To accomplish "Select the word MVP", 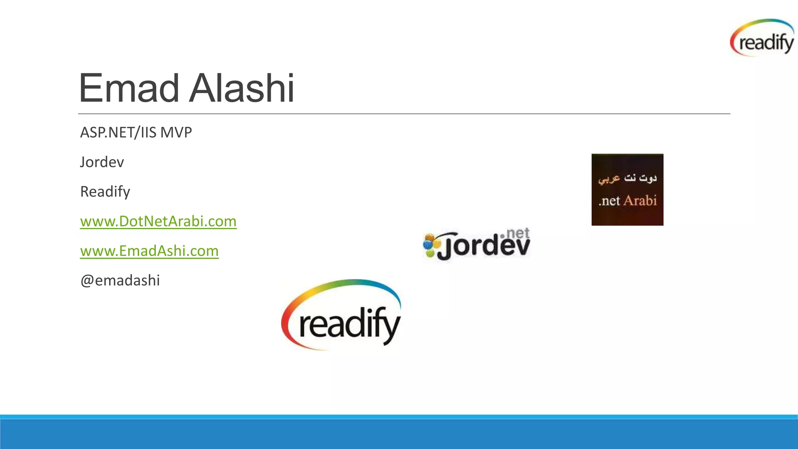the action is point(176,133).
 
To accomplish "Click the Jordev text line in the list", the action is point(102,162).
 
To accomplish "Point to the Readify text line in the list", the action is point(105,192).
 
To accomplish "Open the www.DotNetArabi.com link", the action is point(158,221).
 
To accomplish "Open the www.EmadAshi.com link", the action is point(149,251).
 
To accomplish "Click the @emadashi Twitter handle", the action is point(120,281).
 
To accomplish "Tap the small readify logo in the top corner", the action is point(762,38).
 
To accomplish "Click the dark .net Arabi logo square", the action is point(627,189).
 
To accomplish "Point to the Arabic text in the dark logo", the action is point(627,178).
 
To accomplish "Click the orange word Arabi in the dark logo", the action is point(640,201).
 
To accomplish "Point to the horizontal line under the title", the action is point(404,114).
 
